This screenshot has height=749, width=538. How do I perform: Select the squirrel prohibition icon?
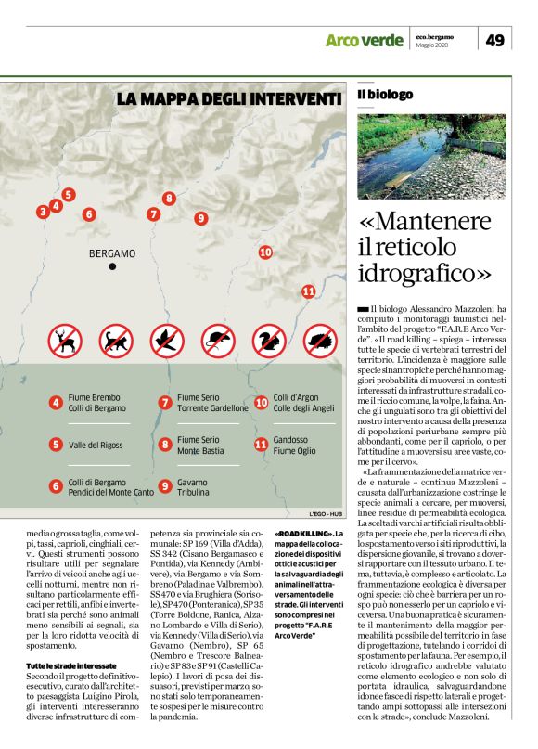point(269,341)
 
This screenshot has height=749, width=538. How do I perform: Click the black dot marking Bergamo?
point(112,266)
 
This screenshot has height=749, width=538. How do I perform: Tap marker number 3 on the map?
point(43,213)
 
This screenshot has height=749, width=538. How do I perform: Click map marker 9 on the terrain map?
point(200,218)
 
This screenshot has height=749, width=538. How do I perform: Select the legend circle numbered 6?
point(56,485)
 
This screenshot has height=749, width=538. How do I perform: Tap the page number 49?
point(494,40)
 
